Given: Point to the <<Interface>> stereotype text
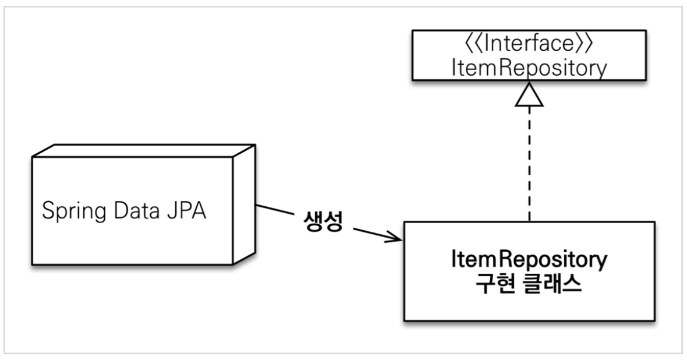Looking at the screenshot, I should (x=529, y=45).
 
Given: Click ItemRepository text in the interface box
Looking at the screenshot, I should (x=529, y=68).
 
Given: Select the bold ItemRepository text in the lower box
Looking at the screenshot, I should (x=529, y=259).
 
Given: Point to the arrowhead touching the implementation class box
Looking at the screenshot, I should (x=396, y=238).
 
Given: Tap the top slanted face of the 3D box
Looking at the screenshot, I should (x=140, y=149).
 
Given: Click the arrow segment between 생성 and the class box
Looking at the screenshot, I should (x=373, y=233).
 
